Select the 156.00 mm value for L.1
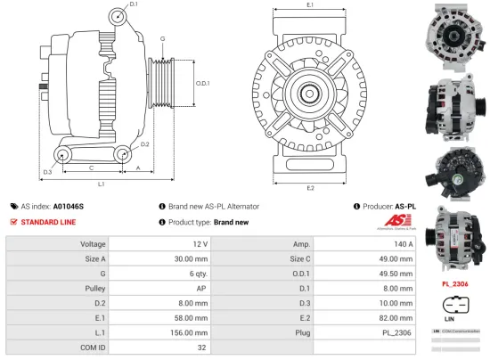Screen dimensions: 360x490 (x=189, y=333)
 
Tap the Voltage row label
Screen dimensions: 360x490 (x=93, y=243)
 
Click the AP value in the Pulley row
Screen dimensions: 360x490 (x=202, y=289)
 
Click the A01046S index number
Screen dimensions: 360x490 (x=69, y=205)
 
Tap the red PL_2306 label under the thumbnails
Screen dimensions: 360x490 (x=454, y=284)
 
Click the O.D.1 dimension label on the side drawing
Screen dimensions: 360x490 (x=202, y=83)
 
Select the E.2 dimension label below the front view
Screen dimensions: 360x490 (x=310, y=187)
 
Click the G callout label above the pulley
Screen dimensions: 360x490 (x=162, y=39)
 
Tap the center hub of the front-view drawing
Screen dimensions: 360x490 (x=310, y=92)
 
